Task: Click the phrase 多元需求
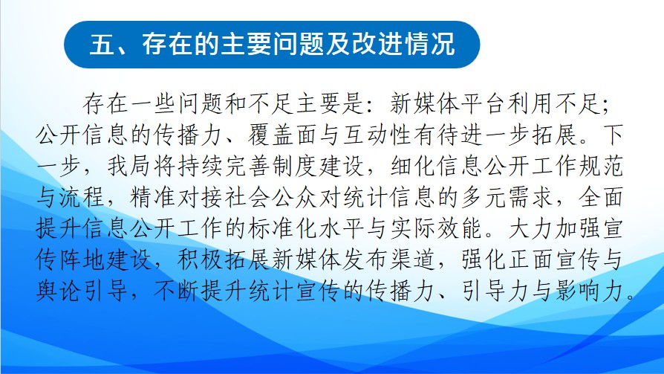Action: pyautogui.click(x=507, y=197)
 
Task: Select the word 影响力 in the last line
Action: pyautogui.click(x=590, y=291)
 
